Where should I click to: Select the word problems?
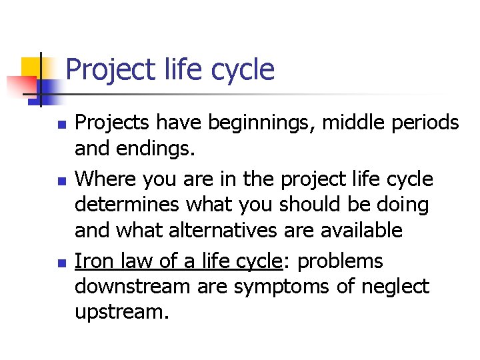click(x=340, y=260)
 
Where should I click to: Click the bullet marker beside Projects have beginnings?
click(x=62, y=124)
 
